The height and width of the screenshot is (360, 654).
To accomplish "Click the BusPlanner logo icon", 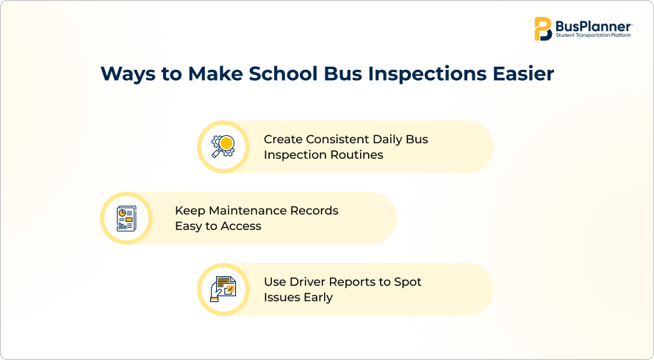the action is click(x=543, y=29).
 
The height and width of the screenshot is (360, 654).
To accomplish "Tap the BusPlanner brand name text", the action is click(x=593, y=26).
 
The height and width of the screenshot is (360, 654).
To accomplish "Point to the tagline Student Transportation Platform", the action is click(x=593, y=35).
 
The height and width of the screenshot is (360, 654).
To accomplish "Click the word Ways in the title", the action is click(x=128, y=74).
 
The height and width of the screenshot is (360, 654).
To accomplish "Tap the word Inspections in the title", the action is click(x=427, y=74).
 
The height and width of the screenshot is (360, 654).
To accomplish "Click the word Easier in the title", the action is click(x=523, y=73).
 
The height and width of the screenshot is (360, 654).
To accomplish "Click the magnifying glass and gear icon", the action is click(x=223, y=146).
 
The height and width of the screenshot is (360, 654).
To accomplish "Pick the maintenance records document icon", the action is click(x=126, y=218).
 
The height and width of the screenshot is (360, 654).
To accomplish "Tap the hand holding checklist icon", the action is click(x=223, y=289).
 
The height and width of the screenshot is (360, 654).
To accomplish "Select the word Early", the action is click(x=318, y=298).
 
